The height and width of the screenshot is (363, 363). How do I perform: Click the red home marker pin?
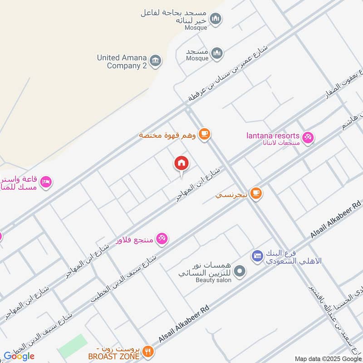181,163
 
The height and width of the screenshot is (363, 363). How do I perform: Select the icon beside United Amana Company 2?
155,61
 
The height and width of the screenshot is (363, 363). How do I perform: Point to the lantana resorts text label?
273,136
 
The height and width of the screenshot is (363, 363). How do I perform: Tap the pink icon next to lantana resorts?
308,137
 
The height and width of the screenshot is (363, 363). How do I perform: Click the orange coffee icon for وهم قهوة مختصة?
205,134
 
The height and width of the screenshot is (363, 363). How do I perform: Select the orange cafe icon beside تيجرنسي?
256,193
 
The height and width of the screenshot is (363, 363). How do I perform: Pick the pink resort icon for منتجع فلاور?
162,238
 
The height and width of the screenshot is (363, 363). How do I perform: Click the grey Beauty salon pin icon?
241,271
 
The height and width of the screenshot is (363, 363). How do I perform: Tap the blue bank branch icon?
257,256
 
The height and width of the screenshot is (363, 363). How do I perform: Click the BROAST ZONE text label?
113,357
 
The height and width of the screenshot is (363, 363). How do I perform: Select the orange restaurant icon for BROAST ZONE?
148,351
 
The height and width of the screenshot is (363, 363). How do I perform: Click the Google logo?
19,356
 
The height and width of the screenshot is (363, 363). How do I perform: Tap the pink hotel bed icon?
46,182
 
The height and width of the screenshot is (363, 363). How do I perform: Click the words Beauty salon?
214,280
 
